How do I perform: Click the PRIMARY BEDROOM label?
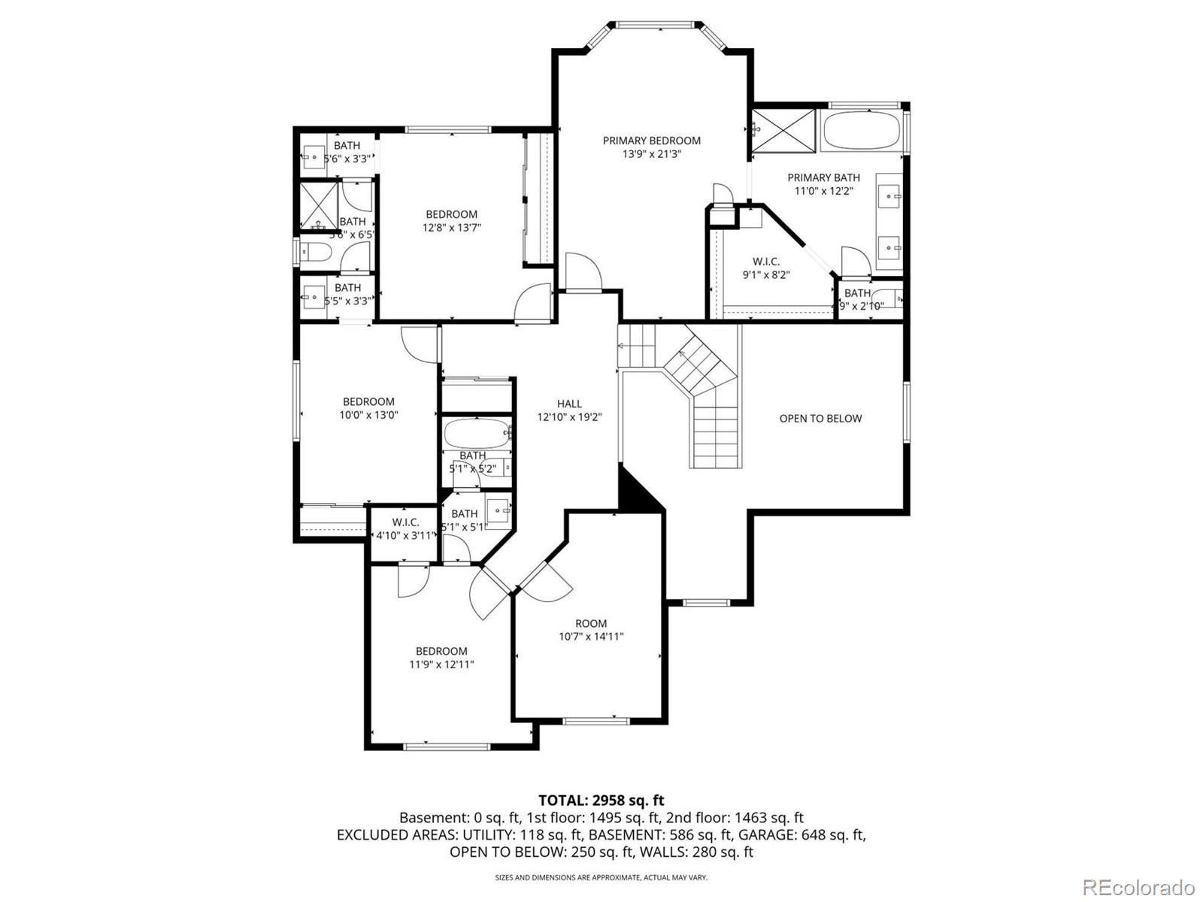(x=651, y=141)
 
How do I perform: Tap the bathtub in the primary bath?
(x=861, y=131)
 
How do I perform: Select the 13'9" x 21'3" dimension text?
(x=651, y=154)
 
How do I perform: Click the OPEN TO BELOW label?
(x=820, y=419)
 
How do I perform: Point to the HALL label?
(x=569, y=404)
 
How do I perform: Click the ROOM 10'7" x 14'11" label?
(x=591, y=630)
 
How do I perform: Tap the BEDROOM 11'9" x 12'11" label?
(x=441, y=658)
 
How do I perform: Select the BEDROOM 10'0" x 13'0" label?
(x=368, y=408)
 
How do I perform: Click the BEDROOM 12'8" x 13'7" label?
(x=451, y=220)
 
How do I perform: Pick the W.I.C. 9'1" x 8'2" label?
(x=766, y=268)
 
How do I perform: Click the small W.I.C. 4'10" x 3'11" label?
(x=405, y=528)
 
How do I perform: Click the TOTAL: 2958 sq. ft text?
(x=601, y=801)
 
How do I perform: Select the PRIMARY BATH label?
(x=823, y=184)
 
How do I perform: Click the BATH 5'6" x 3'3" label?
(x=347, y=152)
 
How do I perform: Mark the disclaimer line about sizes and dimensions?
(x=601, y=877)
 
